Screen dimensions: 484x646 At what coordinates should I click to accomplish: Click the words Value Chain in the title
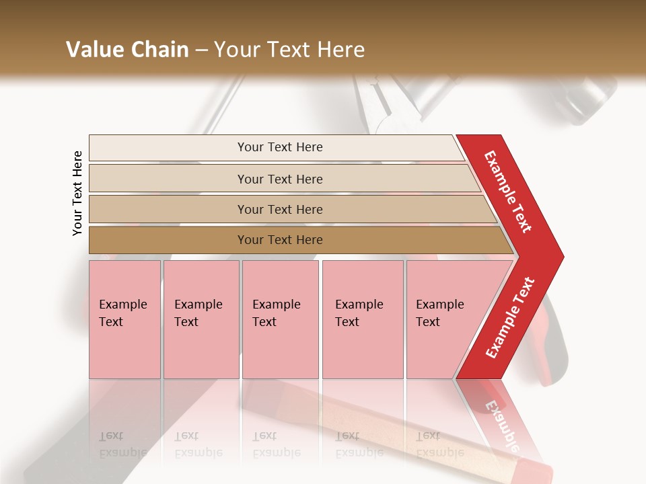127,50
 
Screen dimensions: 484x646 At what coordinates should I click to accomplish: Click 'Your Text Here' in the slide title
289,50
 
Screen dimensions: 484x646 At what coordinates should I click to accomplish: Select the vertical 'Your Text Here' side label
77,193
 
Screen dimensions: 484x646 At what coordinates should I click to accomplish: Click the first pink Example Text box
124,319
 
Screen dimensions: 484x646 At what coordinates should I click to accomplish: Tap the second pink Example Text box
201,319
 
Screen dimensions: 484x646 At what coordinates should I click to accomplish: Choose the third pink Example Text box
280,319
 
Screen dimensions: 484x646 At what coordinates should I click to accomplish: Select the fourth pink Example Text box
362,319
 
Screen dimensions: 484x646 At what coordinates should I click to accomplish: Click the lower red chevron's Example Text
509,317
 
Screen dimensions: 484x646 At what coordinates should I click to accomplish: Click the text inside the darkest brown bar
280,240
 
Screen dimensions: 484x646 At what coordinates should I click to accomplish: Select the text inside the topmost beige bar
280,147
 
